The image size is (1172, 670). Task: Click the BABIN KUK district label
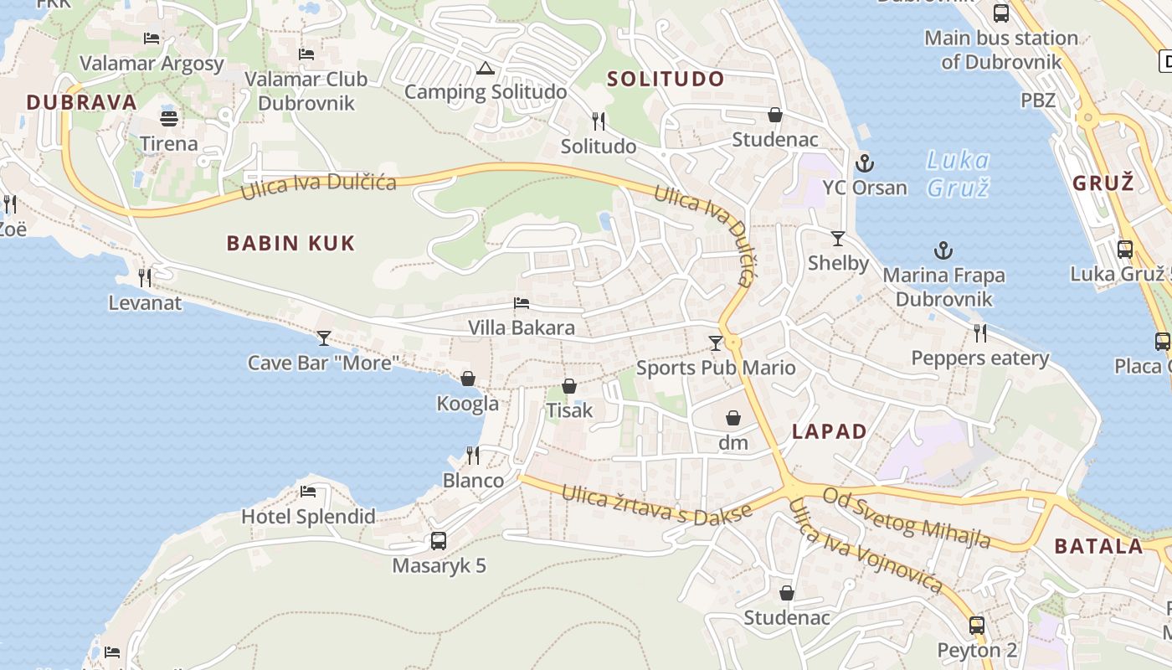click(x=291, y=244)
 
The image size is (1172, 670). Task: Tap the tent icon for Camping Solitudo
click(x=485, y=69)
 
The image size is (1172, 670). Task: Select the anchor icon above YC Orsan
click(x=865, y=163)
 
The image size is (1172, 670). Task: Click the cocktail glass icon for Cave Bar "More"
click(x=324, y=338)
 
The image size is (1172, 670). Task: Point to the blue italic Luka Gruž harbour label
click(x=959, y=173)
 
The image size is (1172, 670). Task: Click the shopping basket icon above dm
click(x=733, y=418)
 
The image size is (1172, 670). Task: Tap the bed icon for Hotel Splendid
click(x=308, y=492)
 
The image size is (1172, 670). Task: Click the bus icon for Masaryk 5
click(x=439, y=541)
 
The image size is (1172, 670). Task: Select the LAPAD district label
click(x=830, y=432)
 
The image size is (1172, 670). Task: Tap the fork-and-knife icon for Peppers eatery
click(x=979, y=333)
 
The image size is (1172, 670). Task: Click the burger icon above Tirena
click(x=169, y=118)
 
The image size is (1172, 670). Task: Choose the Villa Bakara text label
click(x=522, y=327)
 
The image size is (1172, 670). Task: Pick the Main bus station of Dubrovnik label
click(x=1001, y=49)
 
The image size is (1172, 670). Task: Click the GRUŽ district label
click(x=1103, y=183)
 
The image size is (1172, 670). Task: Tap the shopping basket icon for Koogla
click(x=468, y=379)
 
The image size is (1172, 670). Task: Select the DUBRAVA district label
click(x=81, y=103)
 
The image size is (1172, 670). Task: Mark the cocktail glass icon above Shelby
click(x=838, y=238)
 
